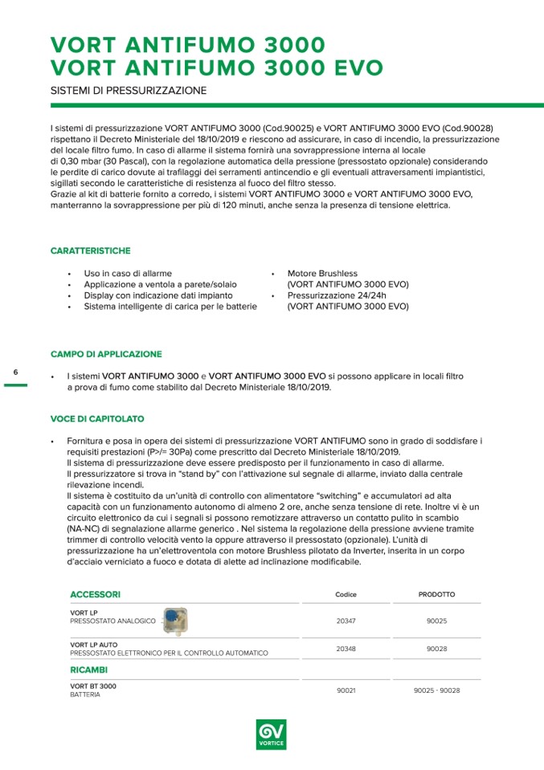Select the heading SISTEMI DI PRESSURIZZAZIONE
129,91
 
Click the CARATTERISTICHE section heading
90,251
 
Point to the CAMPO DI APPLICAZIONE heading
106,354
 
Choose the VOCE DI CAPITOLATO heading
97,419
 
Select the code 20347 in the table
346,621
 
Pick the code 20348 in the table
346,648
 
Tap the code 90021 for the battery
346,691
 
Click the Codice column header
346,595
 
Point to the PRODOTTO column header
436,595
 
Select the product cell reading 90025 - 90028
436,691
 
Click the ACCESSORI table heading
96,594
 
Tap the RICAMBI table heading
88,669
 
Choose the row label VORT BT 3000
93,686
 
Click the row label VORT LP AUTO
94,644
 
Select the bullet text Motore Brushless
322,274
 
